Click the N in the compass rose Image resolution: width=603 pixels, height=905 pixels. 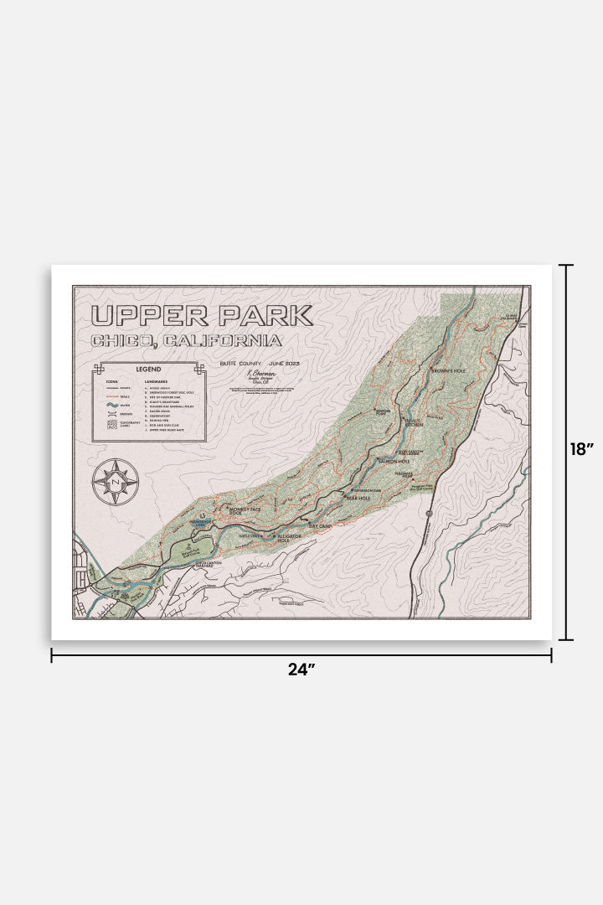116,482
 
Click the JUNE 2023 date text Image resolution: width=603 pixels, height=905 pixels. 281,363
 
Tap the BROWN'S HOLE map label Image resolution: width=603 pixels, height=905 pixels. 448,370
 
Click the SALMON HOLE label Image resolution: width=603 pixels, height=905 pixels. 394,461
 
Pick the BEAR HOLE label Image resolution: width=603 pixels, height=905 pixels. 358,497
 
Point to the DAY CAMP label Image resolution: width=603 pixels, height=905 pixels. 321,526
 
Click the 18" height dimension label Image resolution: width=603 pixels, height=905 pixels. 581,449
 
